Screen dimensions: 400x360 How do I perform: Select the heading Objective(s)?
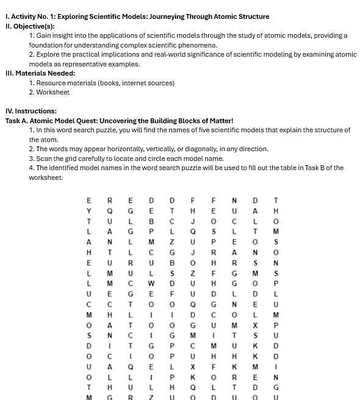click(x=34, y=26)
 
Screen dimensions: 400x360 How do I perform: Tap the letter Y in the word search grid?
click(x=89, y=210)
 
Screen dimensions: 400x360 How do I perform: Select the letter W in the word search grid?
click(x=151, y=284)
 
